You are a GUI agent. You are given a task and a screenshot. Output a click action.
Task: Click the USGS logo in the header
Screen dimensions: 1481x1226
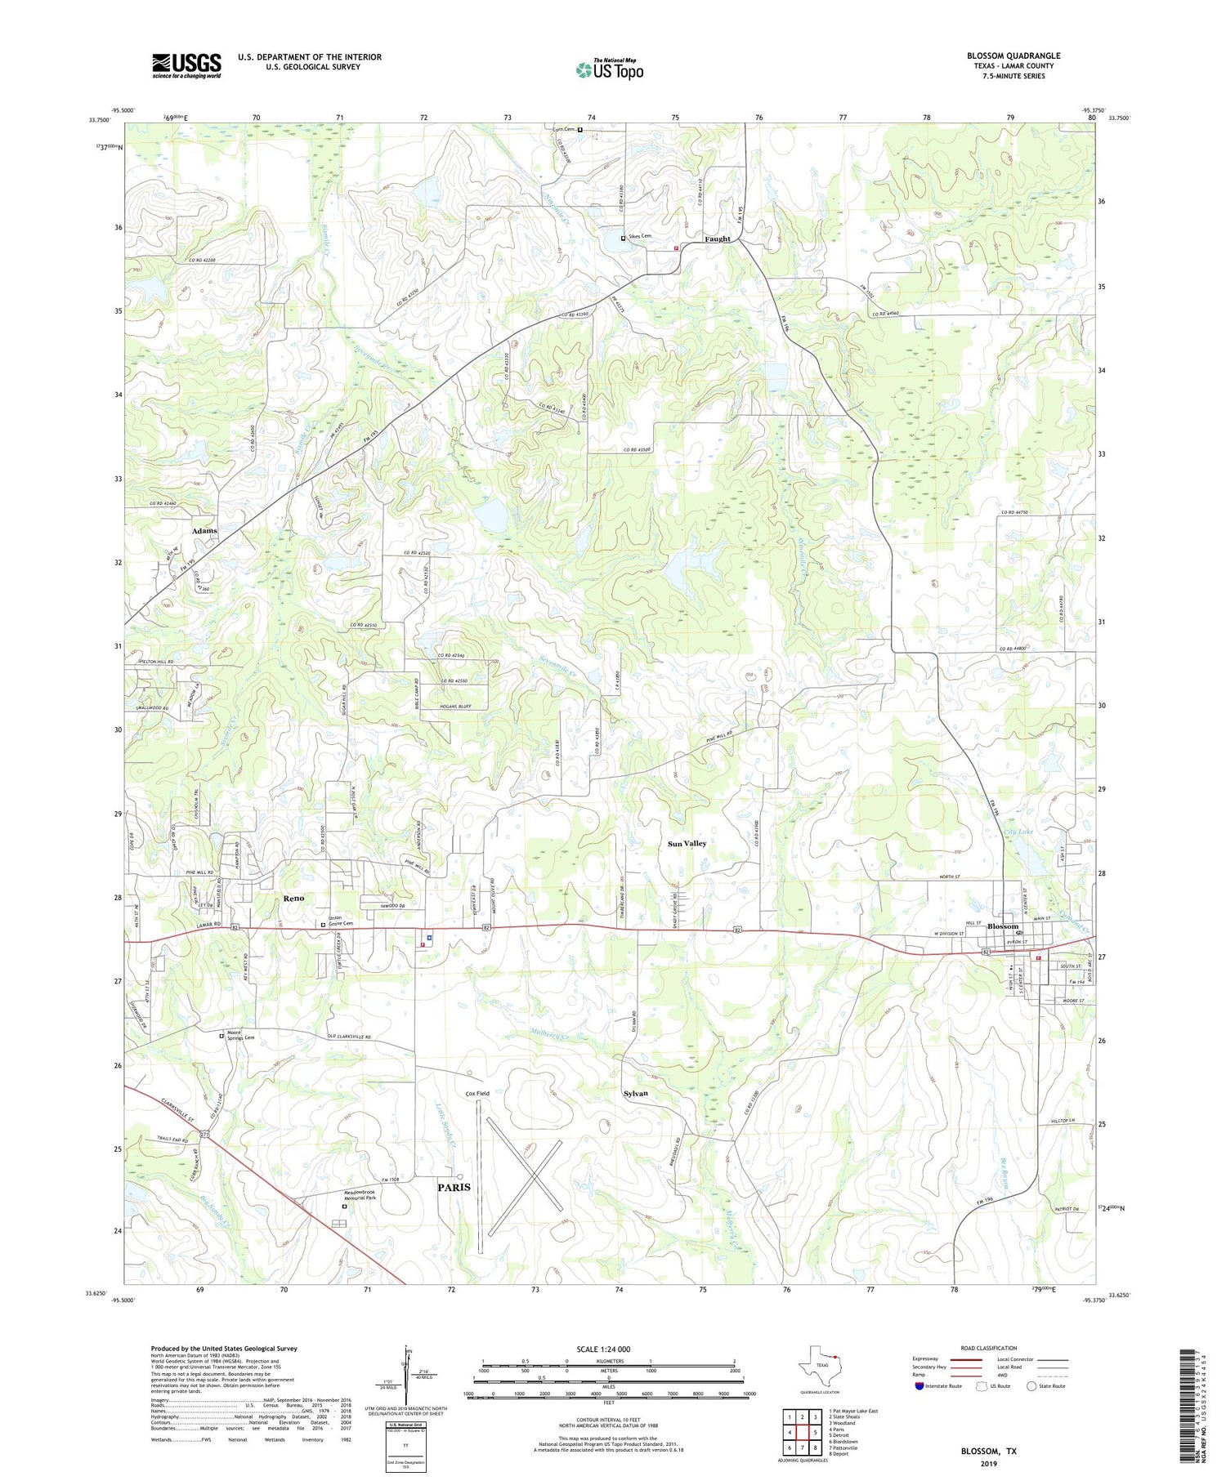click(186, 65)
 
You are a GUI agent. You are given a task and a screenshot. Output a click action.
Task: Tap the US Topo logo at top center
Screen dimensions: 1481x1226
click(610, 70)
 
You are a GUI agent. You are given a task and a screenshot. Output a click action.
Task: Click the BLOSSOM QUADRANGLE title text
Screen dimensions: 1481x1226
click(1013, 56)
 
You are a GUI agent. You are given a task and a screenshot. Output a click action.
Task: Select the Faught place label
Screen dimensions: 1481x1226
click(718, 239)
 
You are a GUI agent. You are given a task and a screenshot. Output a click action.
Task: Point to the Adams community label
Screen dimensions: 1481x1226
click(204, 531)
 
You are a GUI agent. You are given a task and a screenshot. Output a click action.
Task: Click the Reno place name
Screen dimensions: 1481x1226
click(293, 898)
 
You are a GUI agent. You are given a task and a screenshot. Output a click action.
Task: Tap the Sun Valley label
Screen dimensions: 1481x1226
click(687, 843)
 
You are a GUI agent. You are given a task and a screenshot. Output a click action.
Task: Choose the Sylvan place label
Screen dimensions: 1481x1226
click(635, 1093)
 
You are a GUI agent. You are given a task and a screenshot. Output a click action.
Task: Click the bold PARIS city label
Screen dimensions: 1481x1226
click(454, 1187)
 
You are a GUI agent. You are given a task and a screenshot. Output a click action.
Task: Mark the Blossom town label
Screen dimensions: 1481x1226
click(1003, 926)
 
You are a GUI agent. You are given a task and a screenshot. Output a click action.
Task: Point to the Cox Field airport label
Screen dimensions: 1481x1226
click(477, 1093)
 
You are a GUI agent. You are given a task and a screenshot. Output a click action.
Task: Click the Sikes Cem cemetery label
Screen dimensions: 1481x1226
click(640, 237)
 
